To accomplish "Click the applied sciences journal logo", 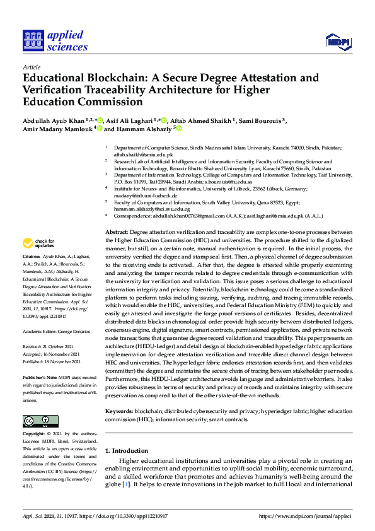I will coord(55,41).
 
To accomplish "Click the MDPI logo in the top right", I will coord(337,42).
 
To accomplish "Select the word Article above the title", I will coord(31,67).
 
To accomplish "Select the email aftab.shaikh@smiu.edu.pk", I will coord(142,154).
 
